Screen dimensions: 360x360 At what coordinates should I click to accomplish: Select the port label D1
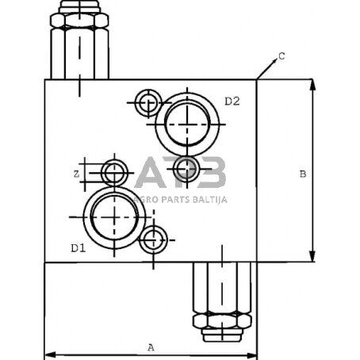[78, 249]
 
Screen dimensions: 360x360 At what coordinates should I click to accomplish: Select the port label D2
[232, 101]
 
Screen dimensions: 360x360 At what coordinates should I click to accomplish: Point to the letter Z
[75, 172]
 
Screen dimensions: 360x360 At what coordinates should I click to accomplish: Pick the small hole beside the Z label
[114, 172]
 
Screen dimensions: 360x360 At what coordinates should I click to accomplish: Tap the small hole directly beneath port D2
[186, 167]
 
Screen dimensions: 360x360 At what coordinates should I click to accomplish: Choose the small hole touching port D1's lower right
[152, 239]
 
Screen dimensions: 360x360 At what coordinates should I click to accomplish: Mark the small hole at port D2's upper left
[147, 102]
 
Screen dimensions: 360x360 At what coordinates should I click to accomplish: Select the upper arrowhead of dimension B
[312, 83]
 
